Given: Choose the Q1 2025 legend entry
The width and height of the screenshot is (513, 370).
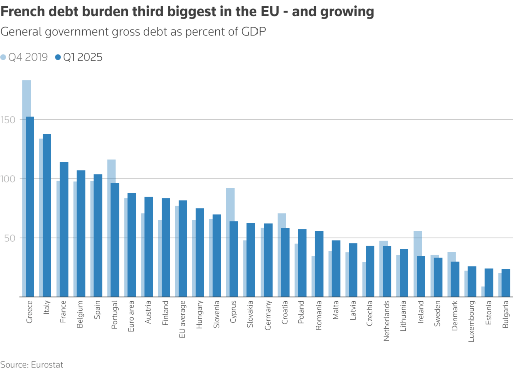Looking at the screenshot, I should pyautogui.click(x=79, y=57).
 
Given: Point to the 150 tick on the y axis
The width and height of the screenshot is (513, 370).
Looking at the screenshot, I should pyautogui.click(x=9, y=120).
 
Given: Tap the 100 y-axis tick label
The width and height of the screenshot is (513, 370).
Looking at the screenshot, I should pyautogui.click(x=9, y=179).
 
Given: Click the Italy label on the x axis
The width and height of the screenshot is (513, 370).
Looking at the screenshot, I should pyautogui.click(x=47, y=311).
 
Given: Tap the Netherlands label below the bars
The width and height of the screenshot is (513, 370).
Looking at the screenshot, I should pyautogui.click(x=387, y=321).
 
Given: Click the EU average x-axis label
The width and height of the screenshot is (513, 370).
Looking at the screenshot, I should pyautogui.click(x=182, y=319).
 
